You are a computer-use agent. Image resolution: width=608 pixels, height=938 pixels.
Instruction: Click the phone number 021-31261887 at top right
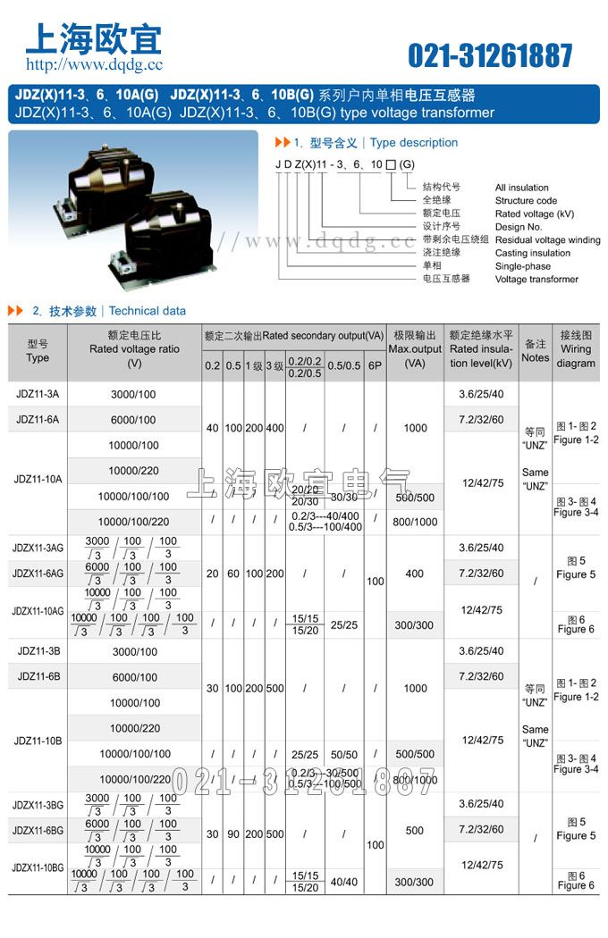490,55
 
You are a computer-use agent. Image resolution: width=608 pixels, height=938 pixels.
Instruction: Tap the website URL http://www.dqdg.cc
94,64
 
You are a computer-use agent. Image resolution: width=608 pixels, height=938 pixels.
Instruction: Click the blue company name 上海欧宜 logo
93,38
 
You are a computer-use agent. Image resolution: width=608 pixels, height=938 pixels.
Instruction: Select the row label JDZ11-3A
38,394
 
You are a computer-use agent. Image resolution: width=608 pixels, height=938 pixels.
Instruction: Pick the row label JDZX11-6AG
38,573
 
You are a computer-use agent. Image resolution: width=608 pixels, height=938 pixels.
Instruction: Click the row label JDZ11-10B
38,741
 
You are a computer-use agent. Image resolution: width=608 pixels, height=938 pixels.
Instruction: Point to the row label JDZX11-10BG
38,867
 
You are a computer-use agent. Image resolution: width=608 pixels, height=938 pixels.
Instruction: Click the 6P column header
376,366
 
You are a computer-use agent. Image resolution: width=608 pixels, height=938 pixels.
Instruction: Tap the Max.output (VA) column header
415,349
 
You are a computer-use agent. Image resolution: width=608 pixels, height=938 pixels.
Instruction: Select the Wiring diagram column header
576,349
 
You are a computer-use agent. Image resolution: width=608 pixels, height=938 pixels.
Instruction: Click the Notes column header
535,350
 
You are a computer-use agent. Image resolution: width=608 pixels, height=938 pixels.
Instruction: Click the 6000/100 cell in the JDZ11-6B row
134,677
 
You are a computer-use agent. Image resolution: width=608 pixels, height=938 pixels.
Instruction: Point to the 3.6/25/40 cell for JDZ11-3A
480,394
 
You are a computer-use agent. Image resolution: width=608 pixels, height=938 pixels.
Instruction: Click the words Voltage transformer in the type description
536,279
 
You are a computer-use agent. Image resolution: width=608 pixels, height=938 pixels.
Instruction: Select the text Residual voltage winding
547,240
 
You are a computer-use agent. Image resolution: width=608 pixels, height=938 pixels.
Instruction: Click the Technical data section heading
147,311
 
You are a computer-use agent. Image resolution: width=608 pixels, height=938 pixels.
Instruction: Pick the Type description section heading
413,143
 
